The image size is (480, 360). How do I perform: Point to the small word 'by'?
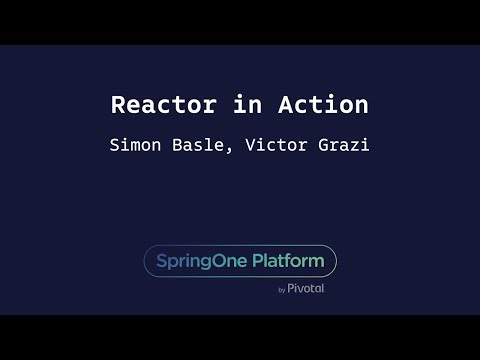point(282,290)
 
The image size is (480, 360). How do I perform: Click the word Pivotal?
point(306,288)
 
